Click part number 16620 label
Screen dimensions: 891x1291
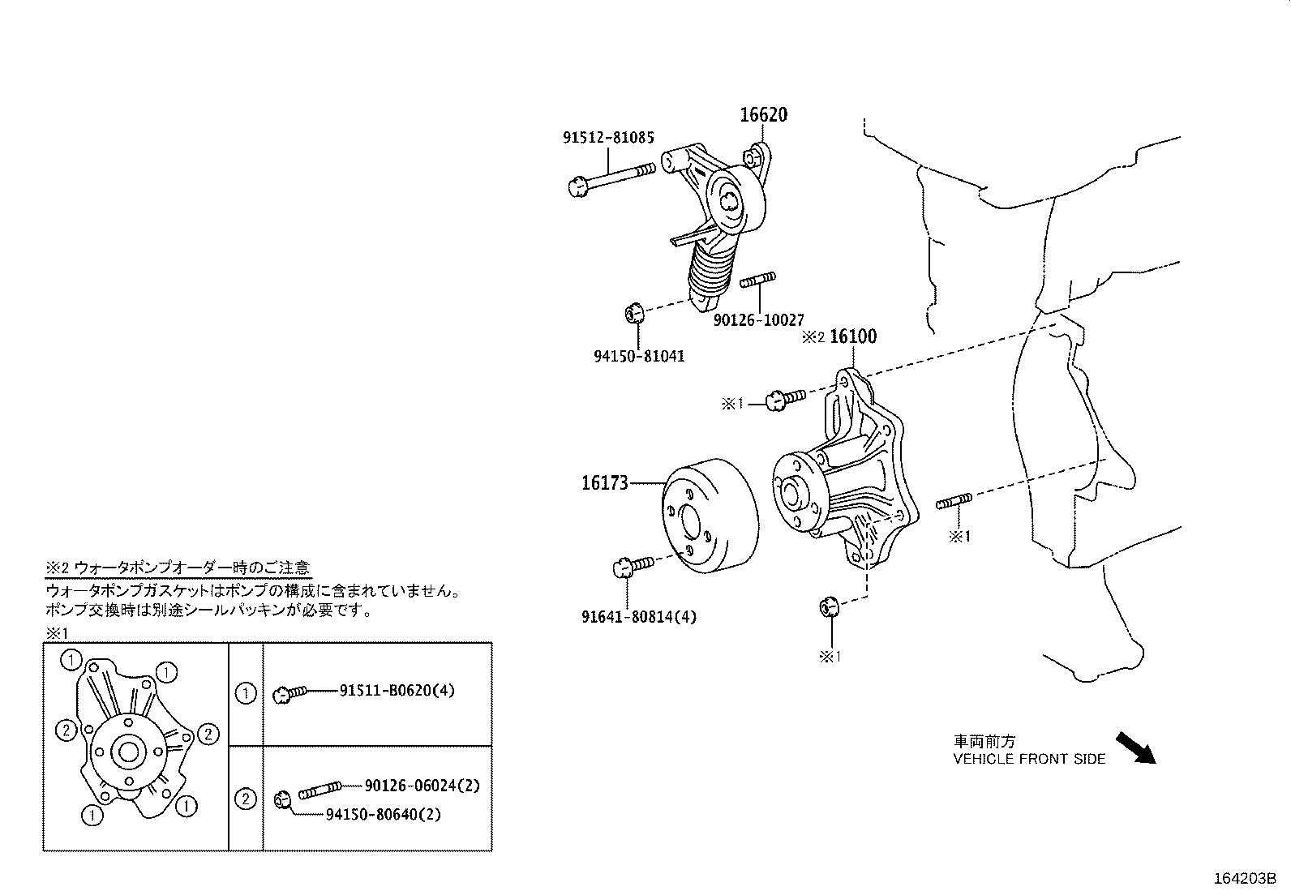coord(762,115)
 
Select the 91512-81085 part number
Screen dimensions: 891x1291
coord(608,138)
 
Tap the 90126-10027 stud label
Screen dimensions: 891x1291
coord(758,320)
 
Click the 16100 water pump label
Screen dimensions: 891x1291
coord(853,336)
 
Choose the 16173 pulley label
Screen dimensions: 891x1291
coord(604,483)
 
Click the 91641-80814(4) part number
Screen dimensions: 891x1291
coord(638,616)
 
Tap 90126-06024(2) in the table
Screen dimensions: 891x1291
coord(422,785)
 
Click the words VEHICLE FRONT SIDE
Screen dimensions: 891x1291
coord(1028,759)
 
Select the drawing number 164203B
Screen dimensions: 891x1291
coord(1245,878)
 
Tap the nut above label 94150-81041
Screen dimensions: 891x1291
coord(634,311)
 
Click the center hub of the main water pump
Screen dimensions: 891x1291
coord(791,492)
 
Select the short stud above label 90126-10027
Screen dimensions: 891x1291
coord(757,281)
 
